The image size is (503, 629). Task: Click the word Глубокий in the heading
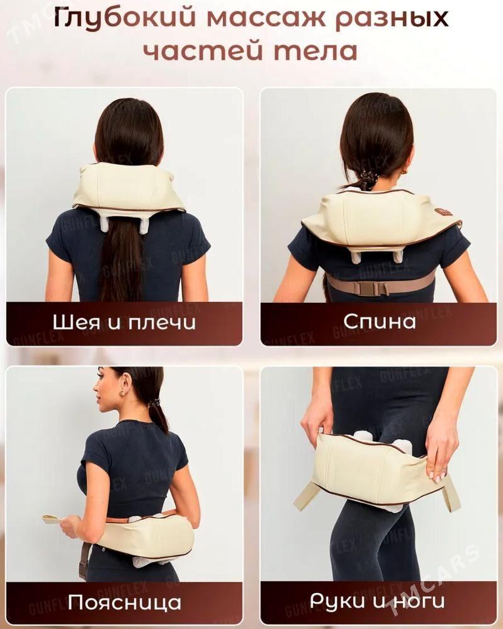[125, 19]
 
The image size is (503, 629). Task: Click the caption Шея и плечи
[124, 322]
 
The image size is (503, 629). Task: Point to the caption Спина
[379, 321]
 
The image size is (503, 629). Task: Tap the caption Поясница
[125, 602]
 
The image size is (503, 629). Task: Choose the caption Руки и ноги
[377, 601]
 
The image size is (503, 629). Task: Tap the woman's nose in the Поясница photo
[95, 388]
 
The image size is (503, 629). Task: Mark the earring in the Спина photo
[404, 171]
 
